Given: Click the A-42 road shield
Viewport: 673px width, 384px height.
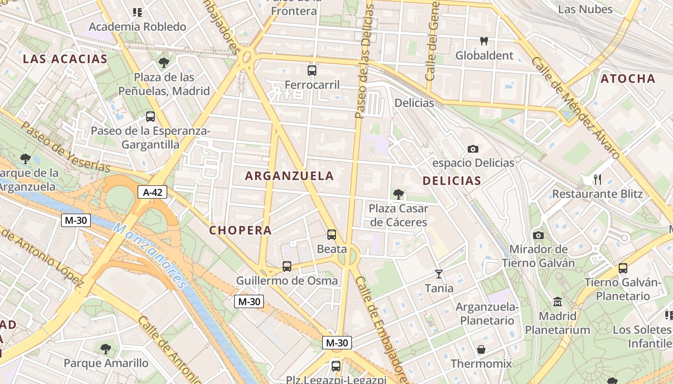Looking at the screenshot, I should point(152,192).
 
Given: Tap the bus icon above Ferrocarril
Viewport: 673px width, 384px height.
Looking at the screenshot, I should point(312,71).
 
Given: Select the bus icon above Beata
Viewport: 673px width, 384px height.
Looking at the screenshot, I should point(332,234).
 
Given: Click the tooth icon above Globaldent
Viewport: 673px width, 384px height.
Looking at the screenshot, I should point(484,41).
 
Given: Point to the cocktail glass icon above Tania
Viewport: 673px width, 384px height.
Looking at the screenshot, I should point(438,274).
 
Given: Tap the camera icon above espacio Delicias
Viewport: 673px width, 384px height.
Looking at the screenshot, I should point(473,149).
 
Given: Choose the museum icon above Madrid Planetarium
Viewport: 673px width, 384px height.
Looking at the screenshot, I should point(558,302).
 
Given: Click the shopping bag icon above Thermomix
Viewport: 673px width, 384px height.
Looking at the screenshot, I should point(481,349).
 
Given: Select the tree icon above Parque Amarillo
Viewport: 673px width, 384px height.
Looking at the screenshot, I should point(106,348).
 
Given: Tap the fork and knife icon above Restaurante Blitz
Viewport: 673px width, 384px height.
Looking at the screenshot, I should point(598,180).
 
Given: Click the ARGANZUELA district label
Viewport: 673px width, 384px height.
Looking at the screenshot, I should point(289,176).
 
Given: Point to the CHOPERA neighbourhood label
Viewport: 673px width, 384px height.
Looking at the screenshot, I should point(240,230).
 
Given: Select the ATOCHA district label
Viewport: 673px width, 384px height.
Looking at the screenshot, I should point(628,79).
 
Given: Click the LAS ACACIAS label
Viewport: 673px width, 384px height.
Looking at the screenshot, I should point(65,59).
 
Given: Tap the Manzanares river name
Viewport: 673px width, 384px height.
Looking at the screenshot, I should point(150,254).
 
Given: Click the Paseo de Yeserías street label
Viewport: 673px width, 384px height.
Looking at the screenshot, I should point(65,147).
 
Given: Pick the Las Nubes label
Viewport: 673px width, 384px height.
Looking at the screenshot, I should point(585,9).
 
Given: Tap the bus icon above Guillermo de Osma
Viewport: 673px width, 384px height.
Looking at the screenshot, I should point(287,266).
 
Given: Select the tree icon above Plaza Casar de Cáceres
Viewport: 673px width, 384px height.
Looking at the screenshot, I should point(398,194).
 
